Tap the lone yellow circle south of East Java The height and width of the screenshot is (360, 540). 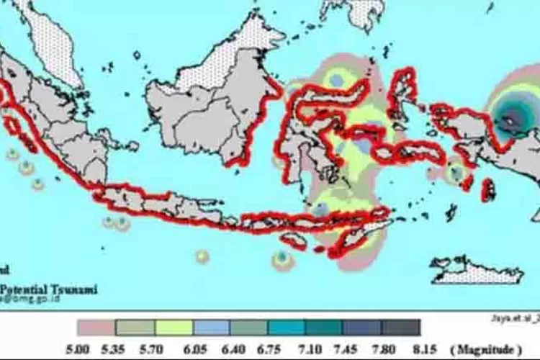click(x=202, y=256)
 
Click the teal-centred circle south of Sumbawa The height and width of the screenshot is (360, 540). click(x=282, y=258)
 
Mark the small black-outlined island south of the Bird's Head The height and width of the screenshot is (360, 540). click(x=487, y=189)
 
